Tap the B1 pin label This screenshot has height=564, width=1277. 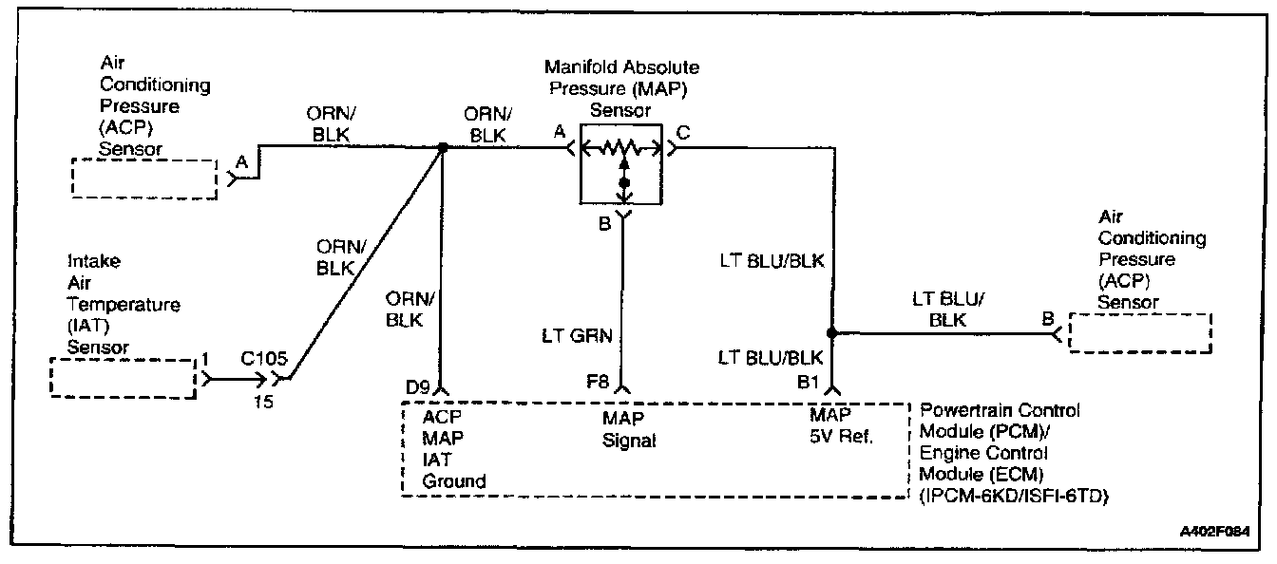pos(808,386)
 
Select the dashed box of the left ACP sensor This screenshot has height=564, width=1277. pos(144,178)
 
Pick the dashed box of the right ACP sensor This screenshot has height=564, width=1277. pos(1139,333)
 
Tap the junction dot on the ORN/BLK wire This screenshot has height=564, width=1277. pos(443,147)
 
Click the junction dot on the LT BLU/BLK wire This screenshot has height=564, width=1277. pos(831,333)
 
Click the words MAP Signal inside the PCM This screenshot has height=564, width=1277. pos(629,428)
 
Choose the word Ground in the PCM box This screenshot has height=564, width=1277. pos(453,481)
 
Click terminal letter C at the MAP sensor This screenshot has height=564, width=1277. pos(684,132)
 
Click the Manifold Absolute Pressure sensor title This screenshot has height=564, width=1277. pos(621,88)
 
